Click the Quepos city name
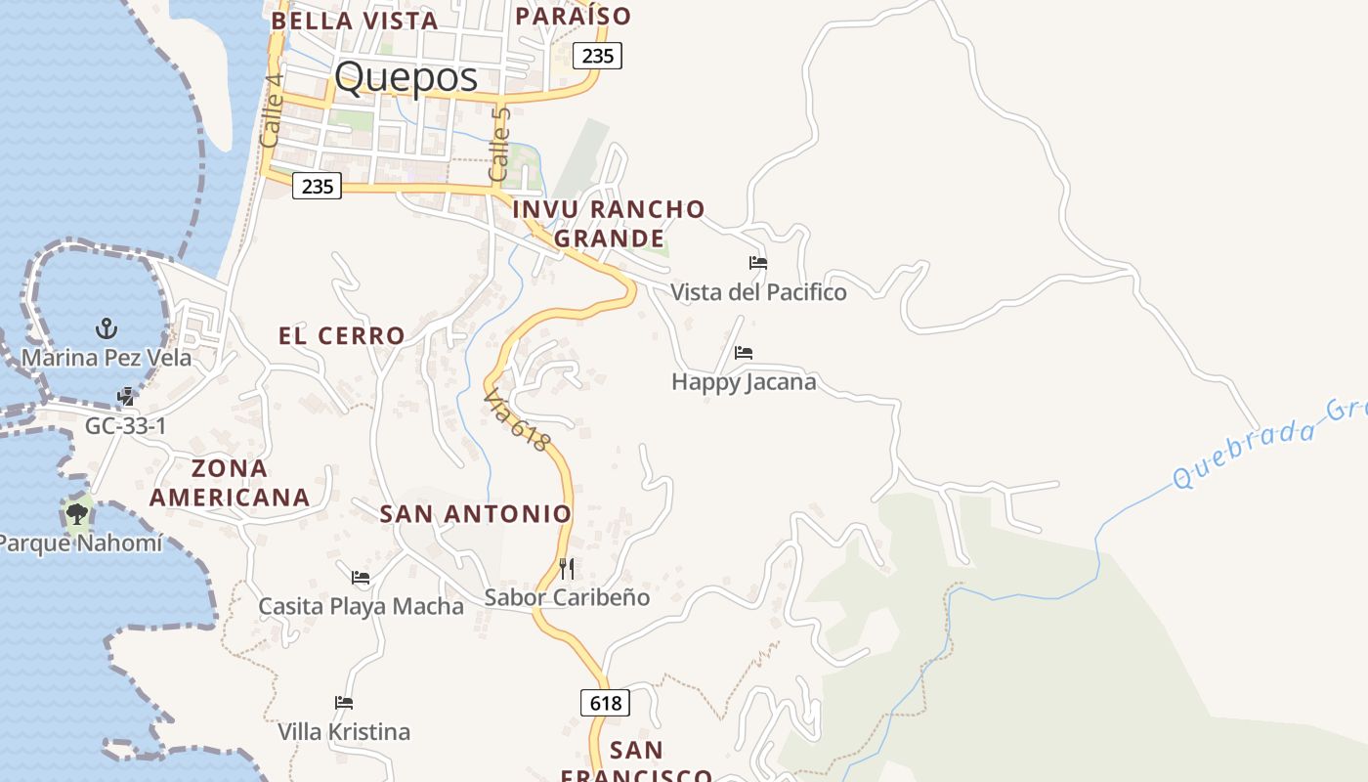coord(406,77)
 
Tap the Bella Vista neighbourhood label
coord(354,20)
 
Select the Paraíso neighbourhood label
coord(573,16)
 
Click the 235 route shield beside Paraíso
coord(597,56)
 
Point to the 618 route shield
coord(605,703)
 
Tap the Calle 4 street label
coord(272,110)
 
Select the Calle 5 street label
coord(499,144)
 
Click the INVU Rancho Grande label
coord(609,223)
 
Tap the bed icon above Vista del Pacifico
coord(757,263)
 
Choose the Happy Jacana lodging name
coord(744,381)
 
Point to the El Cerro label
coord(341,335)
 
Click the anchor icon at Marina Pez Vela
coord(106,328)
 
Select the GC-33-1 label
coord(125,426)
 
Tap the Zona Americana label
coord(230,483)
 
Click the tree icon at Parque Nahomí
coord(76,512)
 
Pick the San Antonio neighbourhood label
coord(475,513)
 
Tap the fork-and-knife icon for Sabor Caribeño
coord(567,568)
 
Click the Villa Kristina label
coord(344,731)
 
